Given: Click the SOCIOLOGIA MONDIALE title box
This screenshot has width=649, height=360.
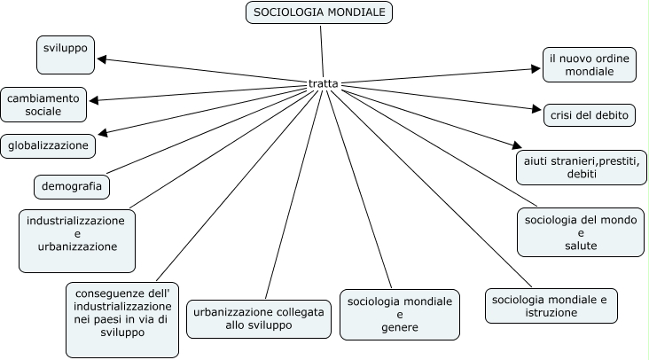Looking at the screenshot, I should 319,12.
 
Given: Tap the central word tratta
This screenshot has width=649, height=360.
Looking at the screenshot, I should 322,84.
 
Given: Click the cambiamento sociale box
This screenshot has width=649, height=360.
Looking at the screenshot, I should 44,105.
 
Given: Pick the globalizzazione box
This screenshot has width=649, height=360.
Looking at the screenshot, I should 49,144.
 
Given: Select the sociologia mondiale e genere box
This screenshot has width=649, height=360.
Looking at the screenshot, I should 399,315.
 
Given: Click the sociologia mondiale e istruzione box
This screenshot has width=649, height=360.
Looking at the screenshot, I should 551,306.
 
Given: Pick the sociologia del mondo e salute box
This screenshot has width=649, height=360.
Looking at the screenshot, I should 581,232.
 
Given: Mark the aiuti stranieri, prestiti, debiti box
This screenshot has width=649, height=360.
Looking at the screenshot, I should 582,168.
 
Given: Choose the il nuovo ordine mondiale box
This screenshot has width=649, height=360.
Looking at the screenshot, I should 589,65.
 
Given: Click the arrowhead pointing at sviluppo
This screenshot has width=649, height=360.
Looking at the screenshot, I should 102,59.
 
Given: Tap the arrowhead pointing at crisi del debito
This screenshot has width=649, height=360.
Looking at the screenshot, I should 536,111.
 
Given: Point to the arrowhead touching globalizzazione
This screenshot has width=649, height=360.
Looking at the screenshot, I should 103,134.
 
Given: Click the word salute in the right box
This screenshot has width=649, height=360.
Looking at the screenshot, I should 581,245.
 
